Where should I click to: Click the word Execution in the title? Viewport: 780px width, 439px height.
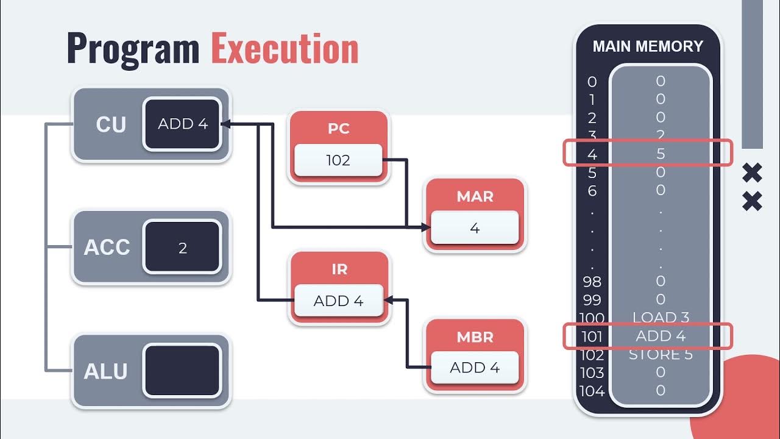point(285,49)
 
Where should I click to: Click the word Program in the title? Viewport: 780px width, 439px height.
point(133,49)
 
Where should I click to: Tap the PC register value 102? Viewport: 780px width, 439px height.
point(338,160)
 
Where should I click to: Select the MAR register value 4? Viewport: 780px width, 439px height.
point(475,228)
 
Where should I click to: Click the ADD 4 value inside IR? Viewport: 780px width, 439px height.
point(338,301)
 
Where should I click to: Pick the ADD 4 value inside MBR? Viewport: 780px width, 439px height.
point(475,368)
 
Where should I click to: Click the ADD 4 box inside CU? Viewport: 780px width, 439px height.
point(182,124)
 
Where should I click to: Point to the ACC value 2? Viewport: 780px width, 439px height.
point(182,248)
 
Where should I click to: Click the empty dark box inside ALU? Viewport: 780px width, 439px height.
point(182,371)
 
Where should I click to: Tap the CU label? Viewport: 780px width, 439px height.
point(111,124)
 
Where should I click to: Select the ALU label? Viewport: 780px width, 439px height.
point(105,371)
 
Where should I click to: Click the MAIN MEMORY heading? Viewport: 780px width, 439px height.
point(648,46)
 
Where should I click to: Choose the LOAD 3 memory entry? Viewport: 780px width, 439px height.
point(661,318)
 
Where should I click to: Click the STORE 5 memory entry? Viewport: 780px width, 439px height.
point(661,354)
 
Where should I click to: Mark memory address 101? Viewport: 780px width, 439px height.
point(592,336)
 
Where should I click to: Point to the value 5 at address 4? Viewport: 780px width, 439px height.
point(661,154)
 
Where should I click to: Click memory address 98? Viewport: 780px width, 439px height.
point(592,282)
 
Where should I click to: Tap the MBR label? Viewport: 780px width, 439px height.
point(475,337)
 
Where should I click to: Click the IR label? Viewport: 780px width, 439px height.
point(339,269)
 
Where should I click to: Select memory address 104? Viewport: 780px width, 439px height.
point(592,391)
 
